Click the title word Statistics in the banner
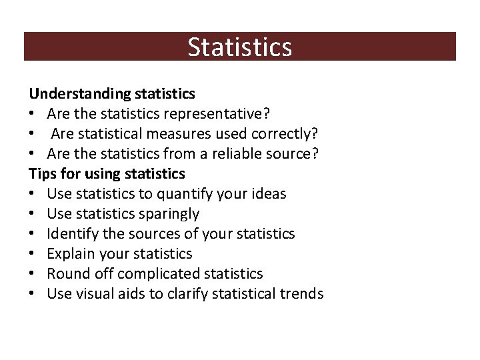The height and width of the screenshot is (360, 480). (239, 47)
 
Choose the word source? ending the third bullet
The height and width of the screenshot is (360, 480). (298, 154)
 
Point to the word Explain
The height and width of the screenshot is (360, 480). (70, 254)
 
